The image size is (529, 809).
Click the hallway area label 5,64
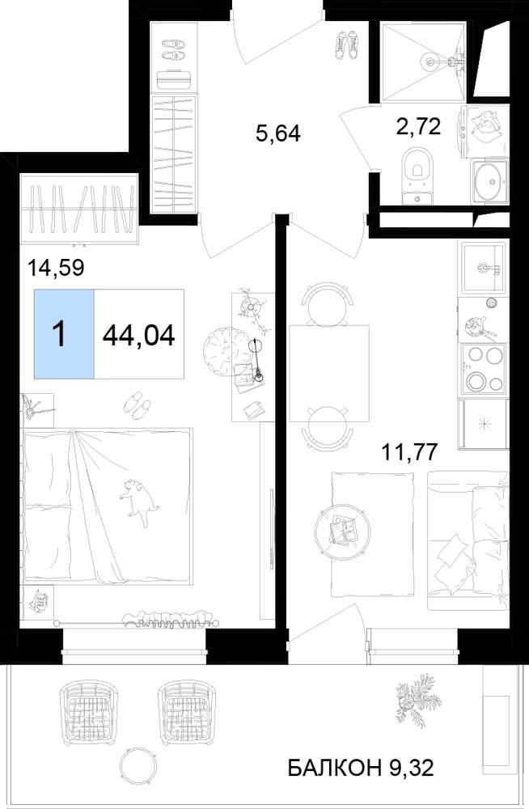click(x=277, y=133)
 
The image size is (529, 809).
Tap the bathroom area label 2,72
click(x=418, y=126)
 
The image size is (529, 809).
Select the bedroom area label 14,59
click(x=57, y=268)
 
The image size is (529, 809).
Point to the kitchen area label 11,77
click(x=409, y=452)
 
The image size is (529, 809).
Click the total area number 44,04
click(x=139, y=336)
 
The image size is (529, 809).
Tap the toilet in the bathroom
click(x=418, y=176)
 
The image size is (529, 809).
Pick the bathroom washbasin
click(x=489, y=180)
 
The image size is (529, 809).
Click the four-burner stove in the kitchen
click(x=484, y=368)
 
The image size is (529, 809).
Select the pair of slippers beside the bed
click(x=137, y=404)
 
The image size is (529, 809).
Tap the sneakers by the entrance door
click(x=347, y=44)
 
